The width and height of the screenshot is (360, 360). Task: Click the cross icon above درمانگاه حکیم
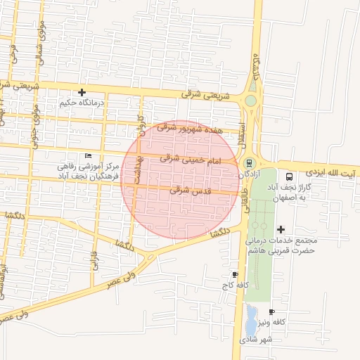click(82, 92)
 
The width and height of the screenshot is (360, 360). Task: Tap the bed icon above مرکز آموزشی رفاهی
click(88, 155)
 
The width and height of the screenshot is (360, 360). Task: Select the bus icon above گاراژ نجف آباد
click(289, 176)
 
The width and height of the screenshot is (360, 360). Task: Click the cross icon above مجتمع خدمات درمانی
click(281, 229)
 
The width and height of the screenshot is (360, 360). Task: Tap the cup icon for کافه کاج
click(235, 274)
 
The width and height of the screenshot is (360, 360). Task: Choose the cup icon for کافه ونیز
click(272, 311)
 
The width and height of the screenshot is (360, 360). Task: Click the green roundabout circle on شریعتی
click(250, 101)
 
